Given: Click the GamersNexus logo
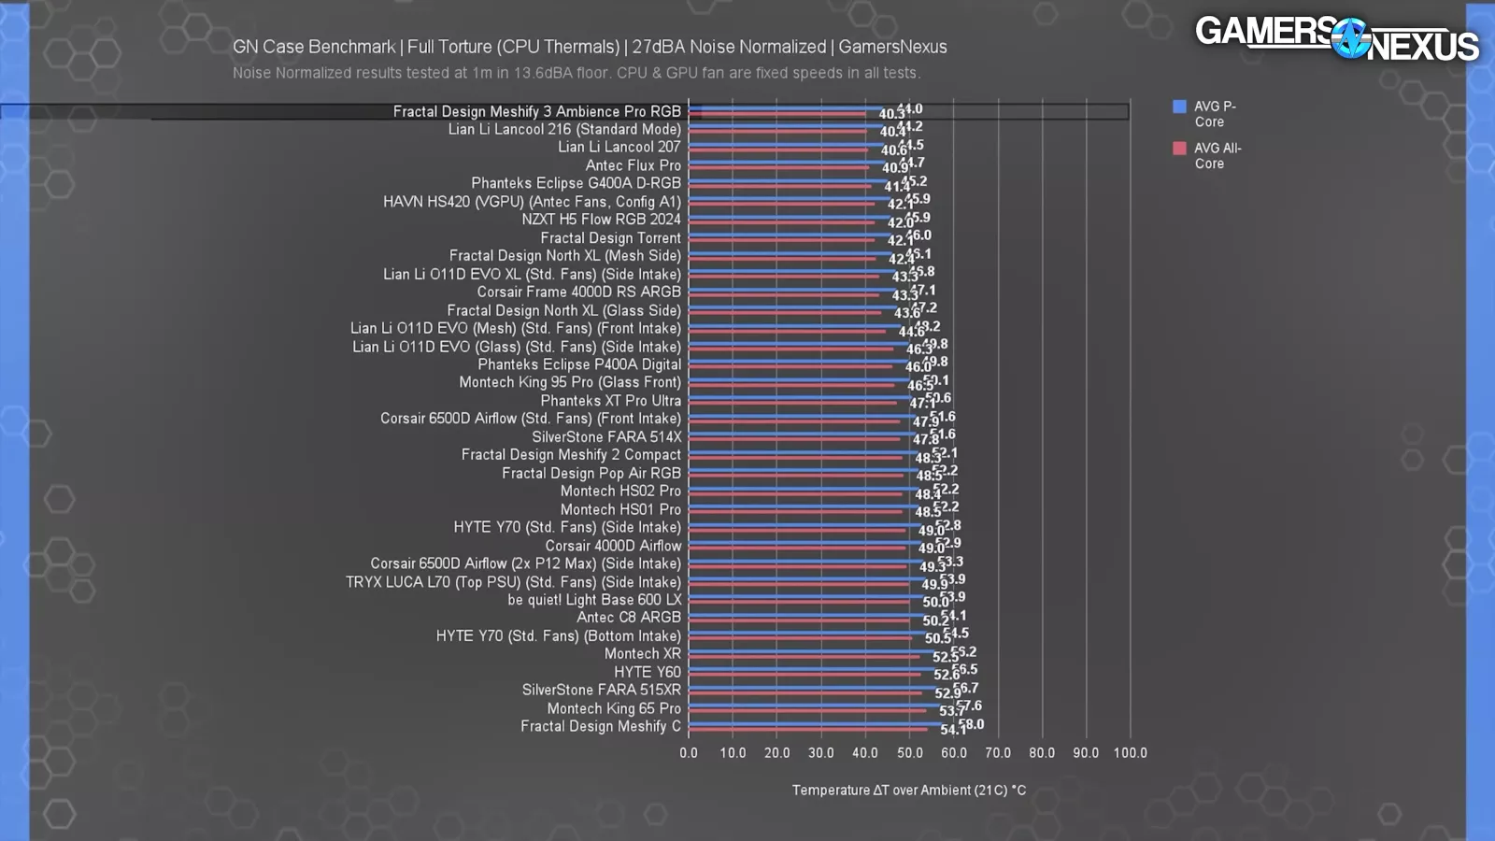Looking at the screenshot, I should point(1336,38).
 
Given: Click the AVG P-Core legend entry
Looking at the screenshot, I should point(1214,114).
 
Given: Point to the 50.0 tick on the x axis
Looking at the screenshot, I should point(909,753).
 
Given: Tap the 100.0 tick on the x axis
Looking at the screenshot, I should point(1130,753).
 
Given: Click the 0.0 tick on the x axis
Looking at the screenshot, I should point(689,753).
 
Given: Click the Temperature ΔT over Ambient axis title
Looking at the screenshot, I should point(908,791).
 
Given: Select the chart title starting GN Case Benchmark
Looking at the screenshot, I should point(590,47).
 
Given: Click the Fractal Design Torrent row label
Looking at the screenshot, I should point(610,238).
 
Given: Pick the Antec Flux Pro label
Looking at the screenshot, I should point(633,165).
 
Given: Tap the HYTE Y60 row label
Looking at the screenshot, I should point(647,672).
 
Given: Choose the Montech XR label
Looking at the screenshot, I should point(642,654).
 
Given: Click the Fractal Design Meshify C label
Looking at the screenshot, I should point(600,727).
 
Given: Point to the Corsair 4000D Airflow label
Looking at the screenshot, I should point(613,546).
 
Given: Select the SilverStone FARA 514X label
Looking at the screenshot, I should point(606,437).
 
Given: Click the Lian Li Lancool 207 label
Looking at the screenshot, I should point(619,148).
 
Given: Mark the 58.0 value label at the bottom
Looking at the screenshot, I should point(972,724).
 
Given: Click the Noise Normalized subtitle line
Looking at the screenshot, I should point(576,73).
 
